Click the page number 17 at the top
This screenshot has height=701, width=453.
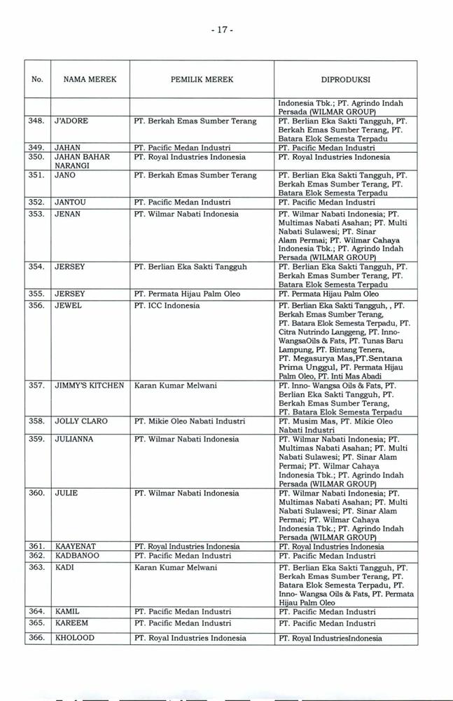[x=225, y=32]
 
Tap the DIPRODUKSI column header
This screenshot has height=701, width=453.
[x=346, y=80]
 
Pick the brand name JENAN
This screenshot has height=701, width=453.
[x=67, y=213]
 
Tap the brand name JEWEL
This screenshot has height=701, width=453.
[x=68, y=306]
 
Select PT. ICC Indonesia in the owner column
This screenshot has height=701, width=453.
[x=167, y=306]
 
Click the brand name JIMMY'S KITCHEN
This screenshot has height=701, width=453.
[x=89, y=385]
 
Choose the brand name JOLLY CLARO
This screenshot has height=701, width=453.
[x=81, y=421]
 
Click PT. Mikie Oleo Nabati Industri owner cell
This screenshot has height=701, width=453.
[x=189, y=421]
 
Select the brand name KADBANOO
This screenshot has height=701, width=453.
[x=76, y=555]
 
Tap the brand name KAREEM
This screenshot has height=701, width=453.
[x=69, y=622]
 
